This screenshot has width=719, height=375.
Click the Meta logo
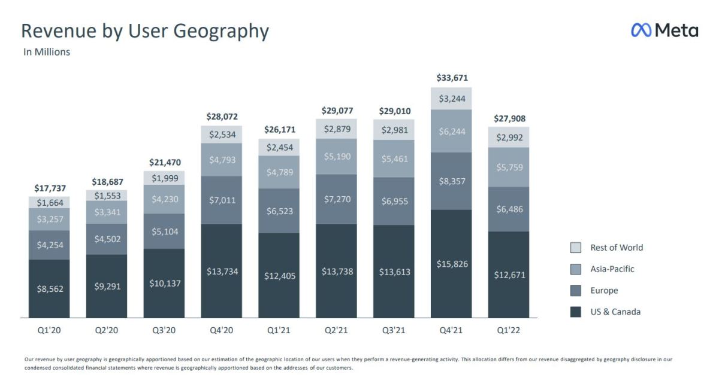tap(664, 30)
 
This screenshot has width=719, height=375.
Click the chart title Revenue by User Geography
tap(144, 31)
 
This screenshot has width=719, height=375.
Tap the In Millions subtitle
tap(47, 52)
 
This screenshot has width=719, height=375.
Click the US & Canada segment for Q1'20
tap(49, 288)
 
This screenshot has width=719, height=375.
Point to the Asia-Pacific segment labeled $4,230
tap(164, 199)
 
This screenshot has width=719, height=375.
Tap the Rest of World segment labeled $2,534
tap(222, 135)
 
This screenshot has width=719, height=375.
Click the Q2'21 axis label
tap(337, 330)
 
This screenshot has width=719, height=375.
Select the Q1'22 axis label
tap(509, 330)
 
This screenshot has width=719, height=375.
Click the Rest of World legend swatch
tap(576, 248)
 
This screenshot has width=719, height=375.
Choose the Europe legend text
tap(604, 291)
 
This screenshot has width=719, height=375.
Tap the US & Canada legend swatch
tap(576, 312)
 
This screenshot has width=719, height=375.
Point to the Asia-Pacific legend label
tap(612, 269)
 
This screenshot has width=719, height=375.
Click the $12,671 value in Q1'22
tap(510, 275)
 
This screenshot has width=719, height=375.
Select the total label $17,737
tap(50, 188)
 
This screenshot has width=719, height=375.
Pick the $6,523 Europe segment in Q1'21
tap(280, 211)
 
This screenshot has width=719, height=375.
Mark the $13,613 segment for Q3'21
tap(395, 272)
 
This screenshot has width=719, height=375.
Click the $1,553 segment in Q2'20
tap(107, 196)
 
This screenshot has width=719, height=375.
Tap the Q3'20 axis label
tap(164, 330)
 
